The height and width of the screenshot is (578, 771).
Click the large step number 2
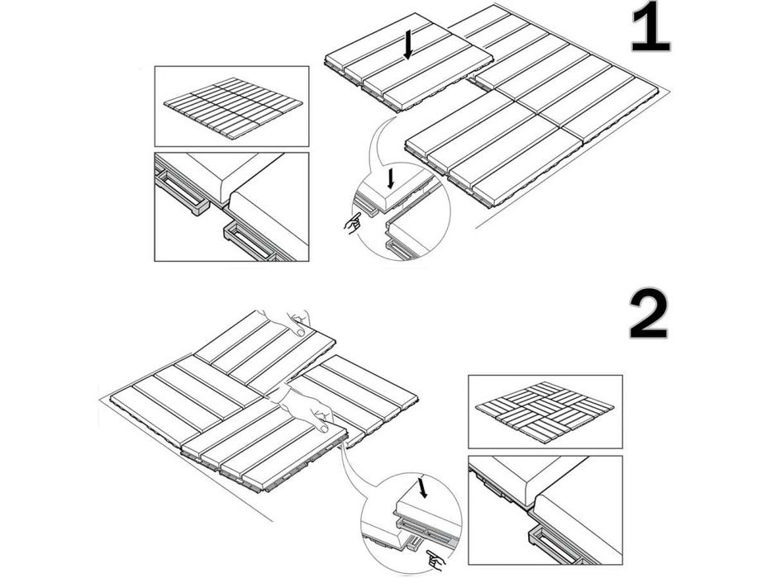(x=650, y=314)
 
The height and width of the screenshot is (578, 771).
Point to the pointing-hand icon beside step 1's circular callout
(x=353, y=223)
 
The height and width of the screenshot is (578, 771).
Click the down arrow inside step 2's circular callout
(x=424, y=489)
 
